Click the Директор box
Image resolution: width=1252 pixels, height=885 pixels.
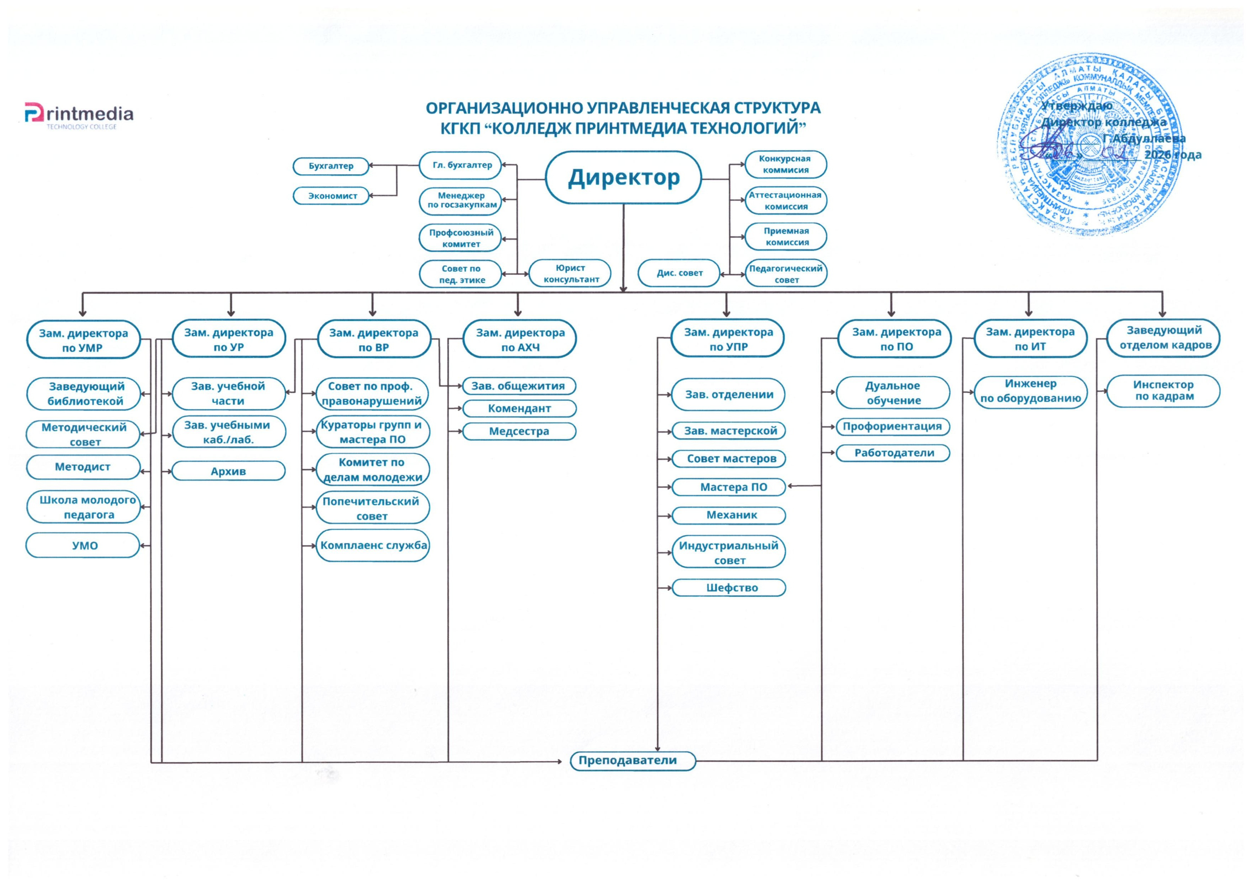pyautogui.click(x=623, y=177)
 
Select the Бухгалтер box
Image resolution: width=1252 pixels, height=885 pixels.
pyautogui.click(x=331, y=166)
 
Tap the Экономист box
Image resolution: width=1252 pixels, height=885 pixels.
pyautogui.click(x=331, y=196)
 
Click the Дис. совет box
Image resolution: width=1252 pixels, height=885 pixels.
pyautogui.click(x=679, y=273)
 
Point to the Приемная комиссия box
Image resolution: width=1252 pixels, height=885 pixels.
pyautogui.click(x=786, y=237)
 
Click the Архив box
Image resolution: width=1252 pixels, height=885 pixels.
pyautogui.click(x=228, y=471)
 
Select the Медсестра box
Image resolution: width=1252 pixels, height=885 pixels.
pyautogui.click(x=519, y=431)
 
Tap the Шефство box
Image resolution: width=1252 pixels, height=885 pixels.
pyautogui.click(x=729, y=588)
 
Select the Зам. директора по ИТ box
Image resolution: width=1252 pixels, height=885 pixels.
pyautogui.click(x=1030, y=339)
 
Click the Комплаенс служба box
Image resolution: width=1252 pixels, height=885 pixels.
pyautogui.click(x=373, y=545)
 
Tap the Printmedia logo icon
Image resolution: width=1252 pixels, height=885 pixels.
pyautogui.click(x=34, y=113)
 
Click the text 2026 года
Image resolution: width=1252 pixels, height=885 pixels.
pyautogui.click(x=1172, y=155)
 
